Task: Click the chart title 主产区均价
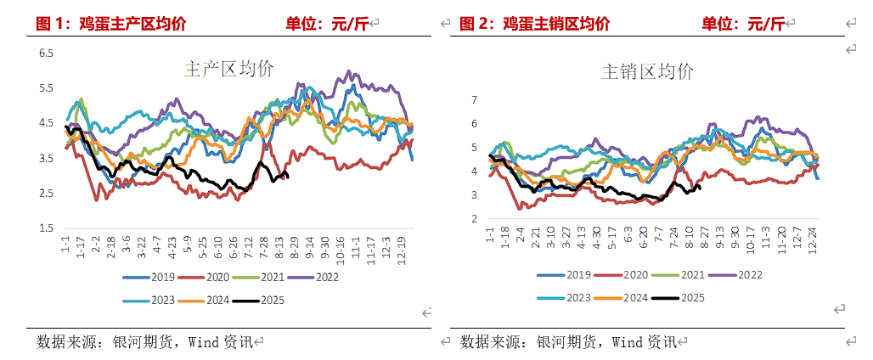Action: [228, 70]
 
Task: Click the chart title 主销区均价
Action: [647, 72]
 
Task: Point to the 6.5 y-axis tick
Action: [46, 53]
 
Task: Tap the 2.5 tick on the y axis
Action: [46, 193]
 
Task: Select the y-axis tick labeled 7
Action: [476, 99]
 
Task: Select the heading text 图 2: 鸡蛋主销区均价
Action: [534, 24]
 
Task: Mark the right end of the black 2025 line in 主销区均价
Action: [698, 188]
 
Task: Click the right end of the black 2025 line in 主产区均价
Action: [288, 176]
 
